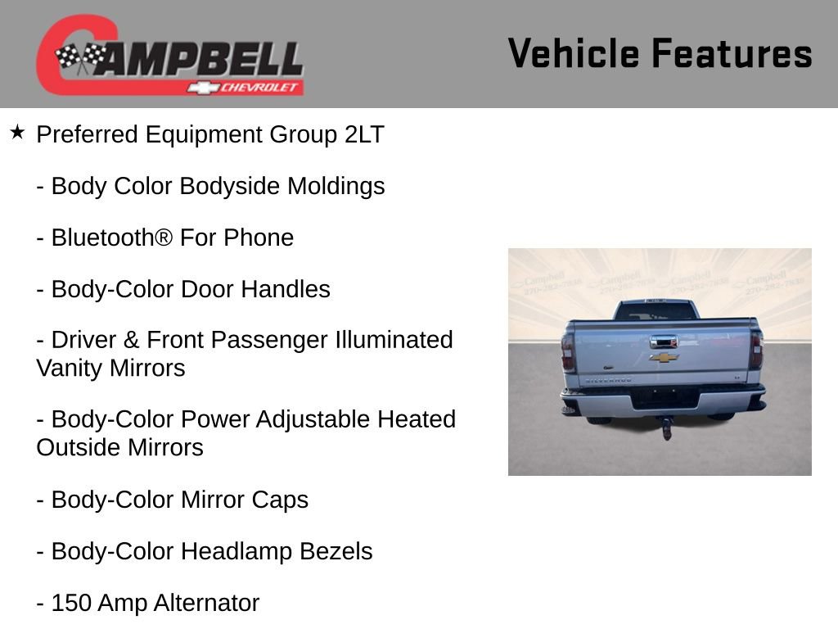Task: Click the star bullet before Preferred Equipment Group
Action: click(17, 132)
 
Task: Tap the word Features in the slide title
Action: click(732, 53)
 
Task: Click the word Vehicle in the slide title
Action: click(573, 53)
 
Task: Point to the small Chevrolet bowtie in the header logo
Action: click(200, 87)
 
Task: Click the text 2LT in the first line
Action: click(364, 135)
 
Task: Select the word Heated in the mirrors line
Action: click(417, 419)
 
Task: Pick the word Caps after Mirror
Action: click(281, 500)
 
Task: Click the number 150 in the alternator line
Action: click(71, 603)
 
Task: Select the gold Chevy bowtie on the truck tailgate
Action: click(664, 357)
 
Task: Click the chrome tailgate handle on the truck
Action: click(663, 341)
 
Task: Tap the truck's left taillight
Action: click(568, 352)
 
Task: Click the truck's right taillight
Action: click(756, 351)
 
